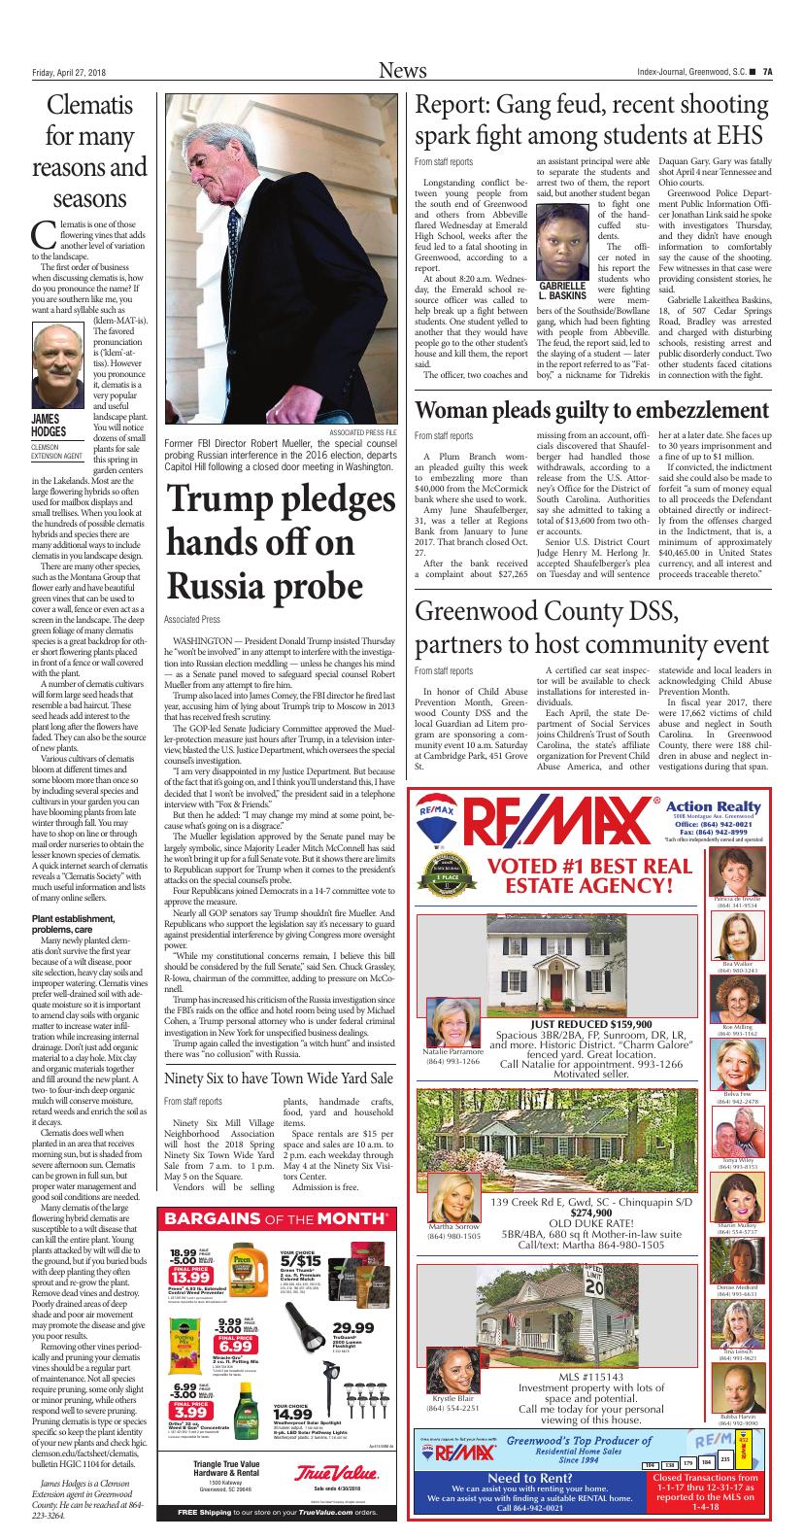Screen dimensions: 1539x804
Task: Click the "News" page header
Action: [401, 70]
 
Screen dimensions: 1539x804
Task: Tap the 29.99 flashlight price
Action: [352, 1328]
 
